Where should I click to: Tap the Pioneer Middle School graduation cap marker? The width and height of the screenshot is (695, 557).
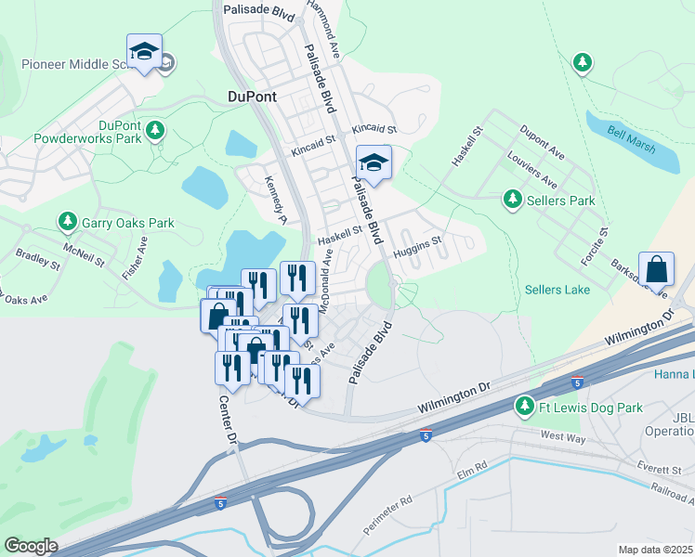pyautogui.click(x=144, y=54)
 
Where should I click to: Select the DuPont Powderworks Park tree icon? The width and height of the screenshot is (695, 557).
pyautogui.click(x=157, y=130)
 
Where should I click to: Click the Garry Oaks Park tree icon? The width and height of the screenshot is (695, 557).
pyautogui.click(x=67, y=222)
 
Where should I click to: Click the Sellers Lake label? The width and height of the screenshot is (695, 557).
pyautogui.click(x=557, y=290)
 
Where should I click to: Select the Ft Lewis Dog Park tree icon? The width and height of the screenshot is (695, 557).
pyautogui.click(x=525, y=407)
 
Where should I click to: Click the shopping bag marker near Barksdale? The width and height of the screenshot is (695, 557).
pyautogui.click(x=656, y=270)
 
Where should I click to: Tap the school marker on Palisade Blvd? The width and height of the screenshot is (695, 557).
pyautogui.click(x=374, y=164)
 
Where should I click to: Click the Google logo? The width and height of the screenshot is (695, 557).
pyautogui.click(x=31, y=546)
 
